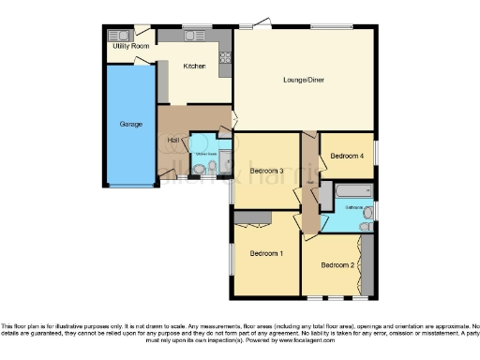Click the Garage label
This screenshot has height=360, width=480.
129,124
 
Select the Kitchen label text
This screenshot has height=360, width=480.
194,67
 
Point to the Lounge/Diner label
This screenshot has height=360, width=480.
304,81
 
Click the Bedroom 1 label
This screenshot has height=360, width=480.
266,254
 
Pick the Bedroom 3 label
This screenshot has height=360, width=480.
266,171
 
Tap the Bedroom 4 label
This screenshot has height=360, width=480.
348,157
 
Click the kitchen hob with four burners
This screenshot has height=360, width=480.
225,63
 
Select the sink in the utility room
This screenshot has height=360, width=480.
118,35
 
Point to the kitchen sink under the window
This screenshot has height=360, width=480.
194,36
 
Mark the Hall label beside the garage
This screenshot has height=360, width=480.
172,141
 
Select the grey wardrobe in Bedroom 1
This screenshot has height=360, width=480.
252,218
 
